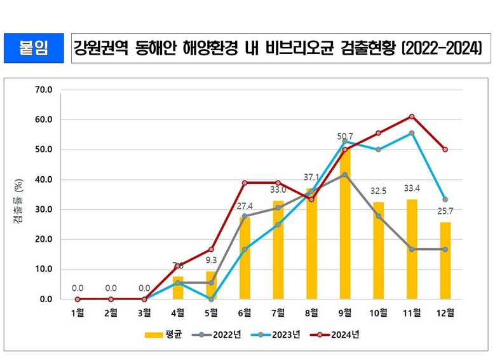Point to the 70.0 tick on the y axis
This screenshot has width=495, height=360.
coord(44,90)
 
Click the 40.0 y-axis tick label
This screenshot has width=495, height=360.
coord(44,179)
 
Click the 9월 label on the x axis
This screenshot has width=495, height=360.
coord(345,312)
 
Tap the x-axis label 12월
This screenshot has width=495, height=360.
coord(445,312)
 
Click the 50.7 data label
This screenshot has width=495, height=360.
coord(345,136)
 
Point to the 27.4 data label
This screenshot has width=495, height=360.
coord(245,207)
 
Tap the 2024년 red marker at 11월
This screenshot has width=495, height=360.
coord(412,116)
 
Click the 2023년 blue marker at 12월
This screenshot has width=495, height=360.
coord(445,199)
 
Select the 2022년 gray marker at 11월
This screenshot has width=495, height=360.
coord(412,249)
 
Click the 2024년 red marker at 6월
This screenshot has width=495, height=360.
coord(245,183)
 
